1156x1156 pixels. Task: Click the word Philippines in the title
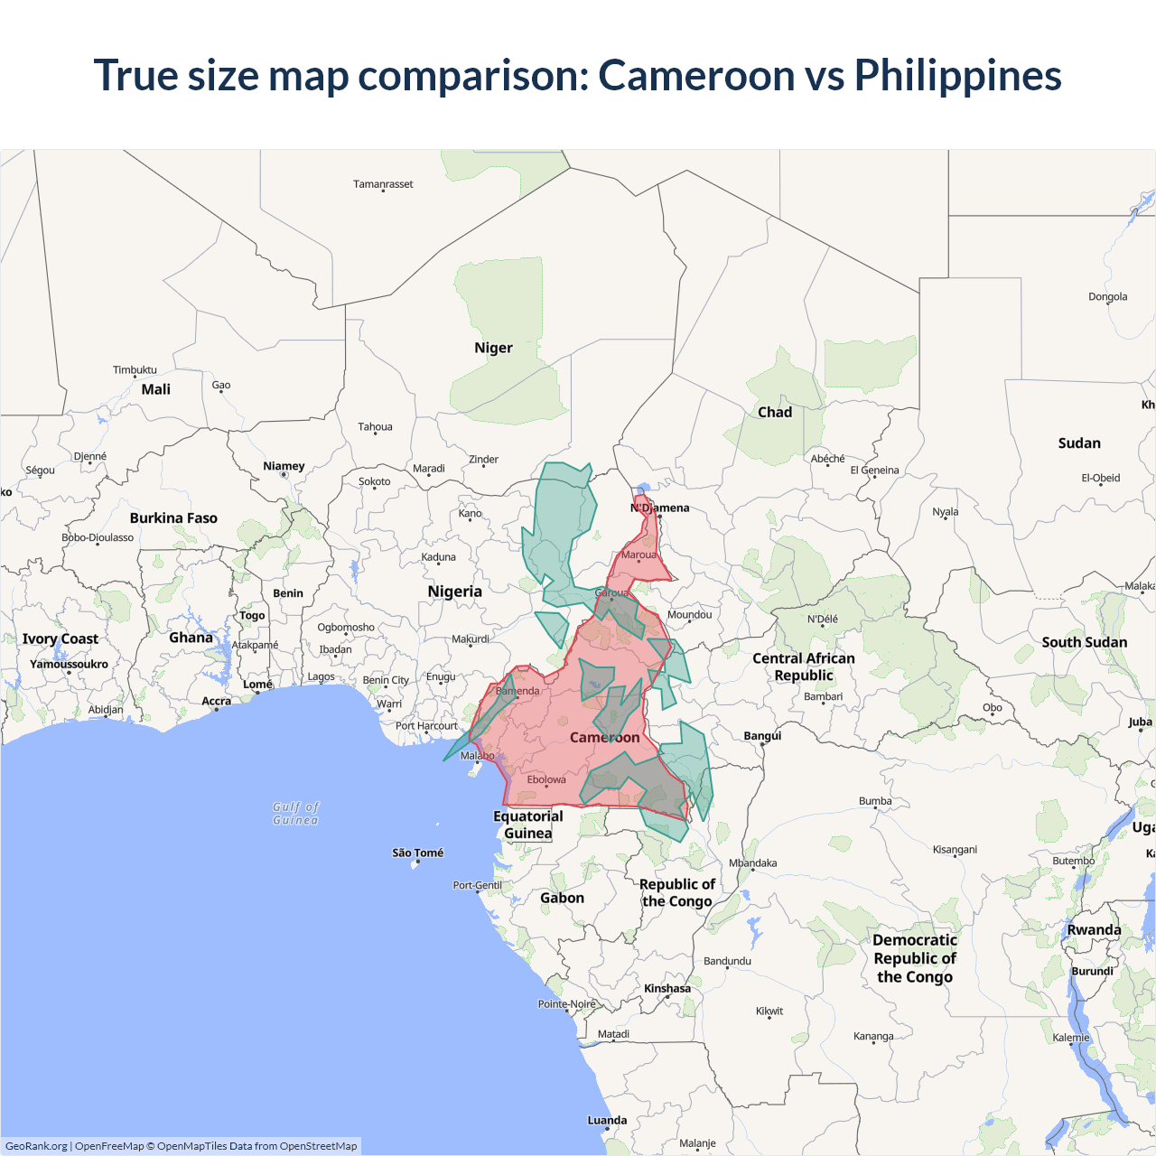[x=957, y=76]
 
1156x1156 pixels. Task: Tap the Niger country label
[x=493, y=348]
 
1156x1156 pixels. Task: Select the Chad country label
[x=775, y=412]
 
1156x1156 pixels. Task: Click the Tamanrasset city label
[x=383, y=184]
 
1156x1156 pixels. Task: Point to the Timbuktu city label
[x=135, y=369]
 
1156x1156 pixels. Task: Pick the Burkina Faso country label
[x=173, y=517]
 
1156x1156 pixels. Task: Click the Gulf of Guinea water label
[x=296, y=813]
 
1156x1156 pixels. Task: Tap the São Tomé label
[x=418, y=853]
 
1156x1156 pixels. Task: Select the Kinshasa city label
[x=667, y=988]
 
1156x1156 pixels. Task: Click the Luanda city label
[x=607, y=1120]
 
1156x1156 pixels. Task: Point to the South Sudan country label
[x=1085, y=642]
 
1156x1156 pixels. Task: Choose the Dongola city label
[x=1107, y=296]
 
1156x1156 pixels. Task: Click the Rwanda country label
[x=1094, y=929]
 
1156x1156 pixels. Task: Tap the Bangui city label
[x=762, y=735]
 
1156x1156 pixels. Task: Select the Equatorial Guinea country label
[x=528, y=825]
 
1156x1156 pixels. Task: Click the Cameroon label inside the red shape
[x=604, y=737]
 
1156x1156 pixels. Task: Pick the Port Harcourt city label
[x=426, y=725]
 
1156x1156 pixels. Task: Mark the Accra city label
[x=216, y=701]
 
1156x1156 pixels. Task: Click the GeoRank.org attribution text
[x=36, y=1146]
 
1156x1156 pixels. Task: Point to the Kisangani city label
[x=955, y=849]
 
